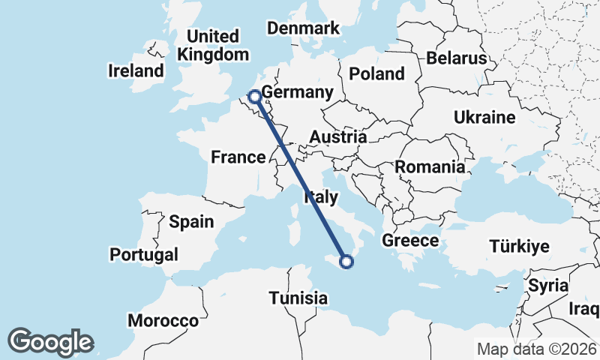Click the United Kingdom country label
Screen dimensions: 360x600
213,45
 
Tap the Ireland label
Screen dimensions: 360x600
136,71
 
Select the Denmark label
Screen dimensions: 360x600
304,28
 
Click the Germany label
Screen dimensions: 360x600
297,93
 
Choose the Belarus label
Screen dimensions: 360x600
456,58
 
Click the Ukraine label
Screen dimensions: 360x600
484,118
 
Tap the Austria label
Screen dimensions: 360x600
338,137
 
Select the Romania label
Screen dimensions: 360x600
430,167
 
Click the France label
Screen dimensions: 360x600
238,157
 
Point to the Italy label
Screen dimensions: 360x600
319,198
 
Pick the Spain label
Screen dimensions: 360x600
191,222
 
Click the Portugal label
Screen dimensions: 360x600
144,255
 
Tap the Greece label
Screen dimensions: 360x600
409,241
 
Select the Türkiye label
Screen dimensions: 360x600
519,247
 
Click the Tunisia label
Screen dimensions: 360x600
298,298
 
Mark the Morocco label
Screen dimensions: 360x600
163,321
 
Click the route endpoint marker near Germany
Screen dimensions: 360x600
255,96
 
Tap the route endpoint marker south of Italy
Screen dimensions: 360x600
346,262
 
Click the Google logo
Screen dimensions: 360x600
50,341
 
